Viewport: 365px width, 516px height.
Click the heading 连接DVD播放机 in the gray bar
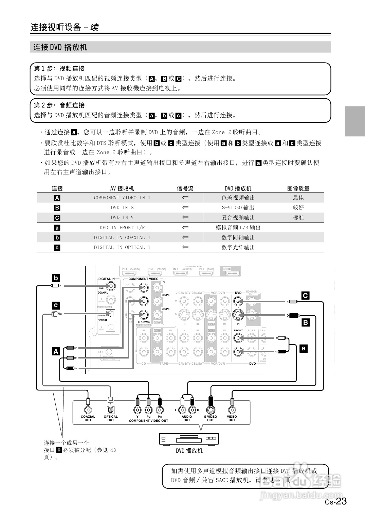pos(60,47)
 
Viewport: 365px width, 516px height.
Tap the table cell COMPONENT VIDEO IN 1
pos(122,198)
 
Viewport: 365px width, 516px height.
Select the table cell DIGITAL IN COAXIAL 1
pos(122,237)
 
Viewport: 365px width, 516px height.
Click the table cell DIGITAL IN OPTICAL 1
pos(122,247)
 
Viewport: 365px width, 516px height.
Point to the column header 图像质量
pos(298,188)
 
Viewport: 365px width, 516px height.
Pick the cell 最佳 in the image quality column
pos(298,198)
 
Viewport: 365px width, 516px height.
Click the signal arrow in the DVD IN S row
pos(185,207)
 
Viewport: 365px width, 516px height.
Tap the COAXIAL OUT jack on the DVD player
pos(88,410)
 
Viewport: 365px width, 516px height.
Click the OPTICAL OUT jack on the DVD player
pos(110,410)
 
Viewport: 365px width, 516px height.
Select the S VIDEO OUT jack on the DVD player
pos(211,410)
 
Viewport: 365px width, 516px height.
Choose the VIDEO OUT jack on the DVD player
pos(232,410)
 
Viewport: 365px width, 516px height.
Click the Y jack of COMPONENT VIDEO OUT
pos(137,410)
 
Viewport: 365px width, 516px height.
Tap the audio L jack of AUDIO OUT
pos(182,410)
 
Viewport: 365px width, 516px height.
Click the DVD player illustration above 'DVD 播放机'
pos(189,439)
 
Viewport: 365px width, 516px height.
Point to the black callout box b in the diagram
pos(56,278)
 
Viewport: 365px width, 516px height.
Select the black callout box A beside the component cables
pos(56,351)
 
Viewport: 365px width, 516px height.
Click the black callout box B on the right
pos(306,322)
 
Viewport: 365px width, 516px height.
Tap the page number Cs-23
pos(336,501)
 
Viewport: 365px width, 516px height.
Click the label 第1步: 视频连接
pos(59,68)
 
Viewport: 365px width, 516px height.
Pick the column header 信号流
pos(185,188)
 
